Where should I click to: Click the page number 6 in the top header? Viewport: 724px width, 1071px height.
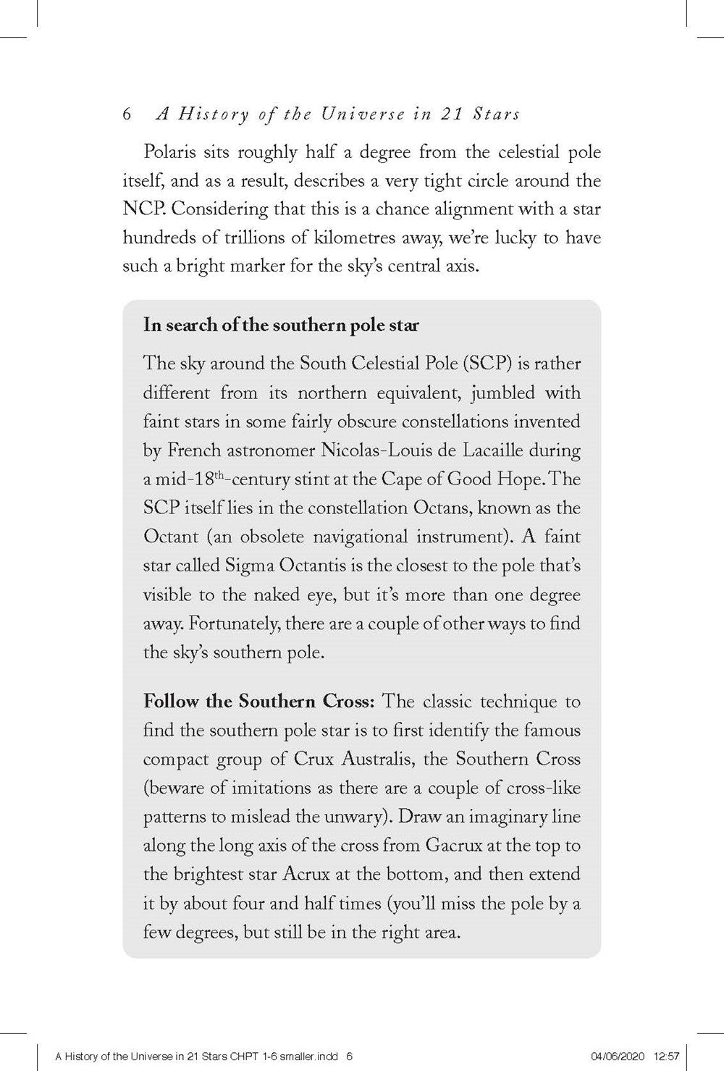127,114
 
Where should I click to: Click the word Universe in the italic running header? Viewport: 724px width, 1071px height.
337,114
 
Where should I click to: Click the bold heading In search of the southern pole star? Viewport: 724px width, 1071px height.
281,324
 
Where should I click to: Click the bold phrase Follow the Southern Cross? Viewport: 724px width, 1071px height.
259,702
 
